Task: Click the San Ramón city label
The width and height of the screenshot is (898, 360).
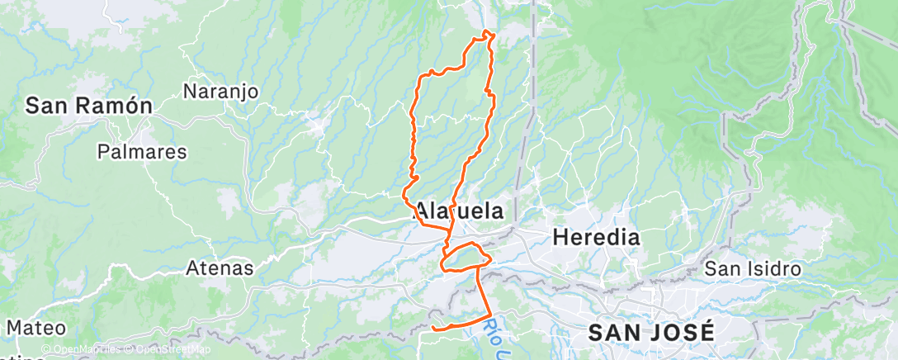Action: click(x=89, y=106)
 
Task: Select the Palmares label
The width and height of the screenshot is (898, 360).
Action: click(x=142, y=152)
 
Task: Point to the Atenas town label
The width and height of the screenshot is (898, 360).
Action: click(x=220, y=268)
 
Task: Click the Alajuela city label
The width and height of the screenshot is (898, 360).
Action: click(x=459, y=211)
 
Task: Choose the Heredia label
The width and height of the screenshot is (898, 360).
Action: click(x=596, y=238)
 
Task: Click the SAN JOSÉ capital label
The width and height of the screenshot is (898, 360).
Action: click(x=651, y=333)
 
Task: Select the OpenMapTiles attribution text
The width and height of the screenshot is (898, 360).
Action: click(x=83, y=350)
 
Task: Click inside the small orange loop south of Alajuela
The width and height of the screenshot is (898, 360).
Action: click(x=465, y=258)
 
